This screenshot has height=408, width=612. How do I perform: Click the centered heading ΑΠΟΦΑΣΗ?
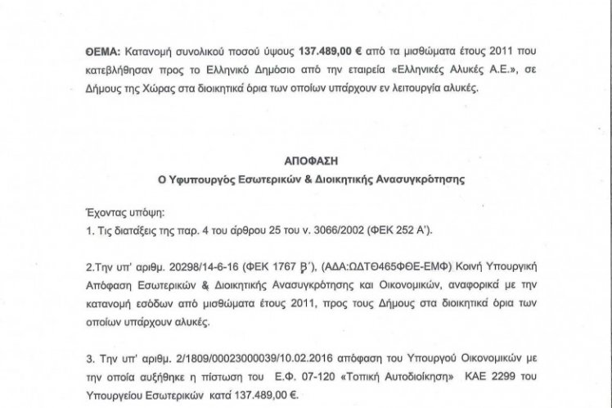click(x=305, y=162)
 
